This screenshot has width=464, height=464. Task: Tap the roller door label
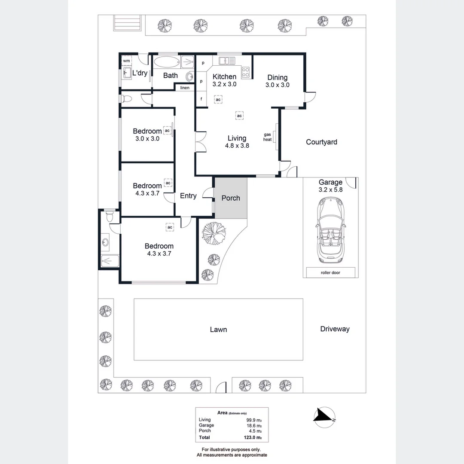pos(330,272)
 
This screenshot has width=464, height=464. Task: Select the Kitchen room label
pos(225,77)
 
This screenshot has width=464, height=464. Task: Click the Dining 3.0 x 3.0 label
pos(277,81)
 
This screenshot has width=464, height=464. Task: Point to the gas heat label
pos(268,137)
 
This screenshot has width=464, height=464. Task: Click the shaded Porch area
pos(231,198)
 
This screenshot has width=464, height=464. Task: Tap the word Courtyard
pos(321,142)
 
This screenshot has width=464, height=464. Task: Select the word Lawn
pos(218,330)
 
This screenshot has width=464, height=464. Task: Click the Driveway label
pos(335,329)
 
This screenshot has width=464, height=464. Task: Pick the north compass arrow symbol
pos(324,415)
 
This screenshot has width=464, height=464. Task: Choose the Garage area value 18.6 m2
pos(253,425)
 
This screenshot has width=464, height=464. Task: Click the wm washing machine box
pos(126,61)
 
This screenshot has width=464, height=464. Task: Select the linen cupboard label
pos(185,88)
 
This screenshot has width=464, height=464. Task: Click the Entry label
pos(188,196)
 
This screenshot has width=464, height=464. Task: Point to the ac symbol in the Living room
pos(239,116)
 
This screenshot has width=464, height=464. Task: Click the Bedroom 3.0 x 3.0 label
pos(147,135)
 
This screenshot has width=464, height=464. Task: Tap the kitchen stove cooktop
pos(246,72)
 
